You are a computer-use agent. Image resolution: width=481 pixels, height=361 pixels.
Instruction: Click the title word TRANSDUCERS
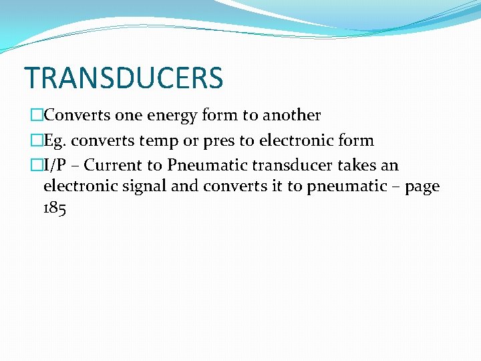(x=124, y=78)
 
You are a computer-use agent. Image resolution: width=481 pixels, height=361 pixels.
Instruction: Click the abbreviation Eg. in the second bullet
(x=56, y=140)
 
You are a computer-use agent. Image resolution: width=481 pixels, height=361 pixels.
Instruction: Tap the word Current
(x=112, y=165)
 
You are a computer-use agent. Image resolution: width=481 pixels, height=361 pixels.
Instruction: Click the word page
(x=422, y=187)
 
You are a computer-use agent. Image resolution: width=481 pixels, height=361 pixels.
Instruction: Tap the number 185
(x=55, y=208)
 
